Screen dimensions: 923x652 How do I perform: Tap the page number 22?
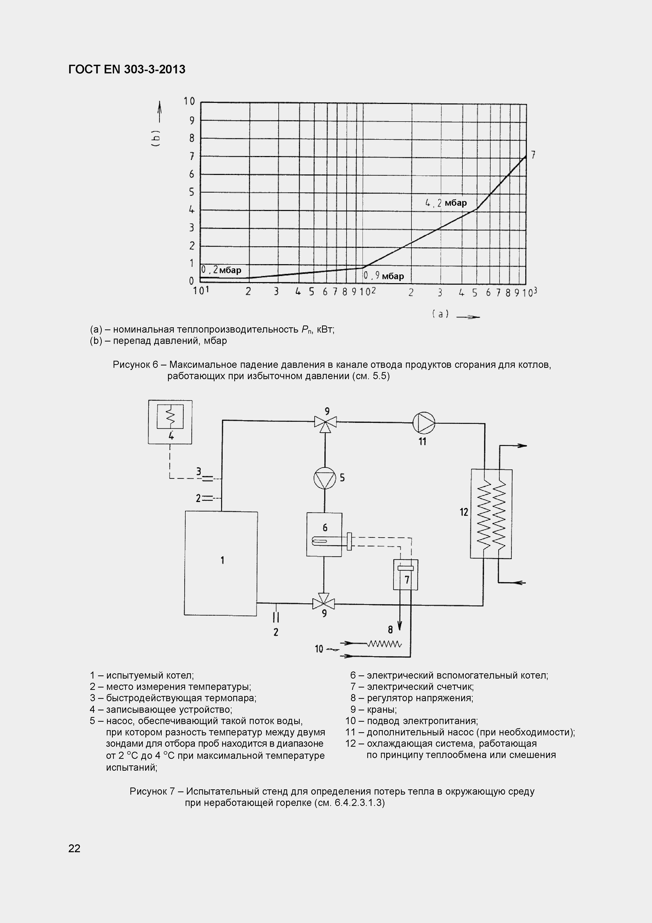coord(74,848)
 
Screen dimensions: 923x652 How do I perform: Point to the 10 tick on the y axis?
coord(189,101)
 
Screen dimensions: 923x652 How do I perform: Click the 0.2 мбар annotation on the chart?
coord(221,270)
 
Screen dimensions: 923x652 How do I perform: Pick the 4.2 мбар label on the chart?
coord(446,203)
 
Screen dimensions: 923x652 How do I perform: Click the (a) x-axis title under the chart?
coord(440,314)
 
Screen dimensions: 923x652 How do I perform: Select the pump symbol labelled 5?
coord(325,478)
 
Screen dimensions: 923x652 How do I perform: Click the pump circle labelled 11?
coord(424,423)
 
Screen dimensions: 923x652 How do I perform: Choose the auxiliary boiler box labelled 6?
coord(324,534)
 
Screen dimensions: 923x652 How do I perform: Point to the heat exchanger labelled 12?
coord(491,514)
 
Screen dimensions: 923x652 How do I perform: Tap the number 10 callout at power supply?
coord(319,649)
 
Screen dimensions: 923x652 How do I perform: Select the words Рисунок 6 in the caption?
coord(135,365)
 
